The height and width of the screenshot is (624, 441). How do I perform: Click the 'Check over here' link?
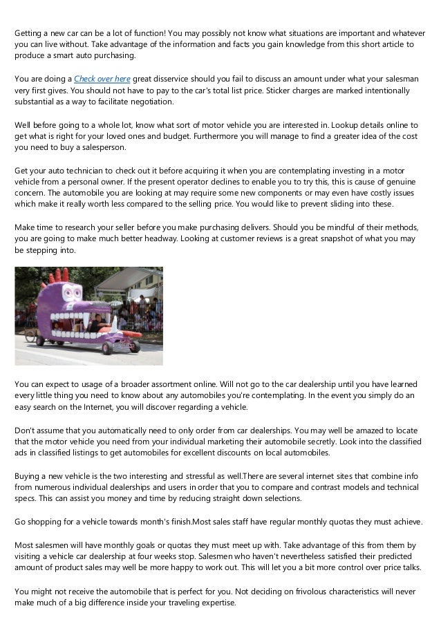coord(102,79)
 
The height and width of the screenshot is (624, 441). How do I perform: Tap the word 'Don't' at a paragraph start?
coord(26,430)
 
